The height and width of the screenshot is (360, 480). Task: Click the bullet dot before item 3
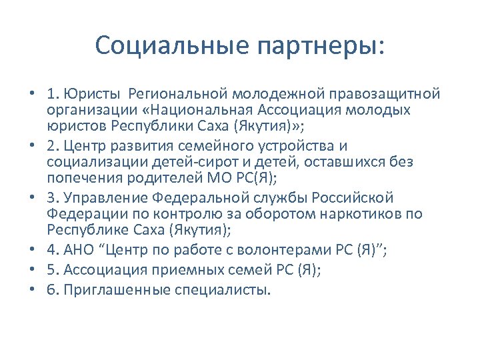click(32, 199)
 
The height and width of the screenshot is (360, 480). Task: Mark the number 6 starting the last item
click(51, 290)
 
